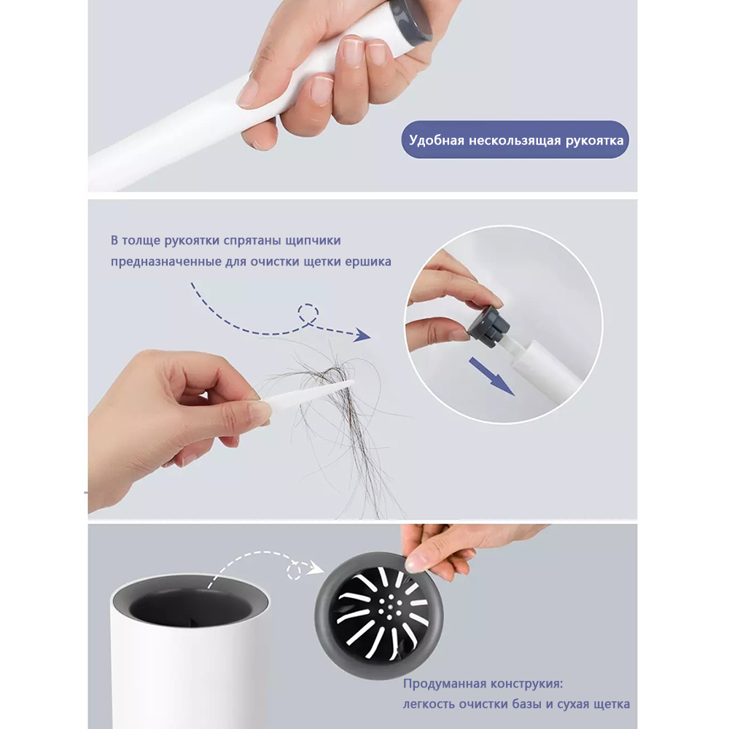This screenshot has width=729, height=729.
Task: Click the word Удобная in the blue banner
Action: (x=437, y=141)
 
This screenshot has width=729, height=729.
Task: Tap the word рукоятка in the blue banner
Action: (x=594, y=141)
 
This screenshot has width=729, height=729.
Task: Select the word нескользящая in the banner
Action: (x=515, y=141)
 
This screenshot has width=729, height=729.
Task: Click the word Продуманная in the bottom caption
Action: (x=443, y=684)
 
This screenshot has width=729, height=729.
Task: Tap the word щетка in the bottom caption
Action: (x=610, y=704)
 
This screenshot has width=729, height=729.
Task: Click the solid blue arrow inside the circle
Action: (x=491, y=376)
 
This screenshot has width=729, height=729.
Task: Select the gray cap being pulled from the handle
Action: (x=488, y=325)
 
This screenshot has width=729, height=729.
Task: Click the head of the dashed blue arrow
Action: (x=362, y=335)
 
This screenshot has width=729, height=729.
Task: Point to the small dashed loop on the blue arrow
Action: (x=308, y=313)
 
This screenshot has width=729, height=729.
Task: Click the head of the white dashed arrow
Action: (x=316, y=566)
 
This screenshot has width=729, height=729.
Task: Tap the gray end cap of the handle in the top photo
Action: (x=412, y=22)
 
